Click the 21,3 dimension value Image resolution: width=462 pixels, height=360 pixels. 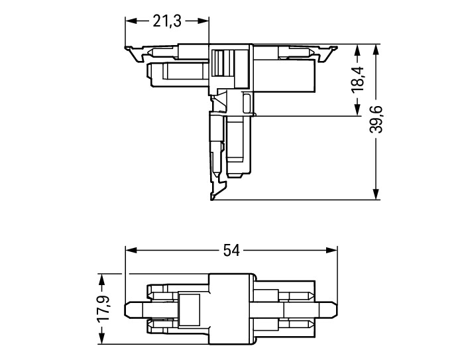click(x=167, y=21)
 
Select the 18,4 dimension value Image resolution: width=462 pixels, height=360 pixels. click(x=358, y=80)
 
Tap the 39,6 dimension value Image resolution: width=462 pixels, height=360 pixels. click(x=376, y=119)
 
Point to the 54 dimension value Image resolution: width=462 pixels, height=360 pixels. click(x=231, y=251)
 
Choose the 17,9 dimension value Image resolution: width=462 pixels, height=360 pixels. click(x=103, y=308)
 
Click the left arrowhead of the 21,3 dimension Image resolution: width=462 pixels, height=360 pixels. click(x=131, y=21)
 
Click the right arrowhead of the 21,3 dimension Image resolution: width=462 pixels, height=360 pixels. click(x=203, y=21)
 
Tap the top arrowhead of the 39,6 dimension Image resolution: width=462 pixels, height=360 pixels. click(x=376, y=50)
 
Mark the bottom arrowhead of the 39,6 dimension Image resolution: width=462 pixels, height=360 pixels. click(x=376, y=194)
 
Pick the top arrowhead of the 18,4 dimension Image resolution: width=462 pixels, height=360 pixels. click(x=358, y=50)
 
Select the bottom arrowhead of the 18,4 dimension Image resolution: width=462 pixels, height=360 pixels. click(x=358, y=110)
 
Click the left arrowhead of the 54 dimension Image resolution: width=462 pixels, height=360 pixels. click(x=131, y=251)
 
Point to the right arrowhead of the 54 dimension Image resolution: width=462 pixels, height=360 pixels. click(x=331, y=251)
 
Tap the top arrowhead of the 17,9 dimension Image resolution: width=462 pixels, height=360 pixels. click(x=101, y=280)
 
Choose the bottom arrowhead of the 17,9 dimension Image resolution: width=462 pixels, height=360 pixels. click(x=101, y=338)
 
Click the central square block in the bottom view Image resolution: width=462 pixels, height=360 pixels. click(x=231, y=309)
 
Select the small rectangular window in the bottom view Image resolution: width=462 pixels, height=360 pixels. click(x=190, y=310)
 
